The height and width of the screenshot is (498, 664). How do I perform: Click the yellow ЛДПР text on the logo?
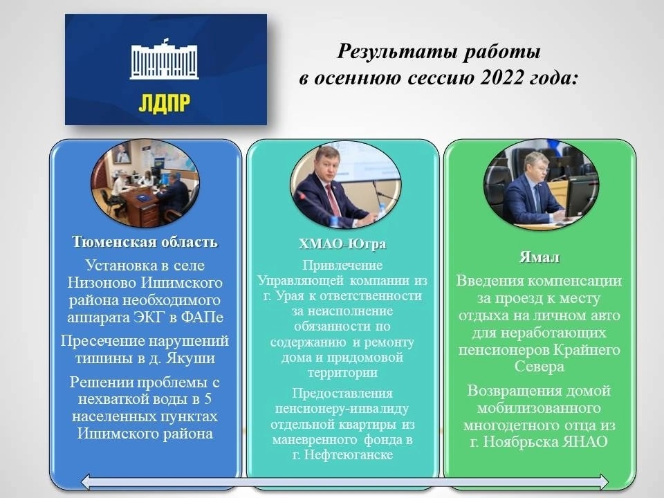(x=165, y=103)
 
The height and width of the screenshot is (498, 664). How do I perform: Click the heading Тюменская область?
(x=145, y=241)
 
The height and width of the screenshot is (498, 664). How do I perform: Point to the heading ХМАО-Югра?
(x=342, y=244)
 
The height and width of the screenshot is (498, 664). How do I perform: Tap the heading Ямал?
(x=539, y=257)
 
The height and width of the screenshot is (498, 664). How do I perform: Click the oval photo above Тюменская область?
(x=145, y=183)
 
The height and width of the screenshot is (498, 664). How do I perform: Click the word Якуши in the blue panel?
(x=191, y=358)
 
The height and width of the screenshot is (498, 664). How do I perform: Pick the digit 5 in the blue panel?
(x=207, y=399)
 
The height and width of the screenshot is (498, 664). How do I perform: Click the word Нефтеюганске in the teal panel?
(x=349, y=455)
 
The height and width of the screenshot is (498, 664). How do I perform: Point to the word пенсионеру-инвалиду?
(x=342, y=409)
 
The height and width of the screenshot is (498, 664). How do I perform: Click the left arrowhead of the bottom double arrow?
(x=86, y=481)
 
